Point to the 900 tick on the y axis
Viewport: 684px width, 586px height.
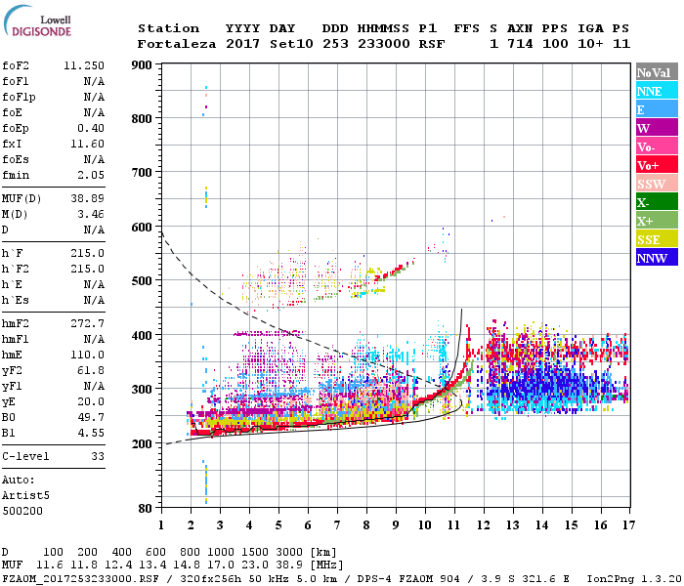pyautogui.click(x=143, y=65)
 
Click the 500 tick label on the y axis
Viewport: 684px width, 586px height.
pyautogui.click(x=143, y=281)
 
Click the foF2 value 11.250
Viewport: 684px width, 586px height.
pyautogui.click(x=84, y=66)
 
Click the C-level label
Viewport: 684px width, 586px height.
pyautogui.click(x=26, y=455)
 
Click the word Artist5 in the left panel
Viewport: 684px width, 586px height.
pyautogui.click(x=26, y=495)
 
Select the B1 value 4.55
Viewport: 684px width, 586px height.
pyautogui.click(x=91, y=432)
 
